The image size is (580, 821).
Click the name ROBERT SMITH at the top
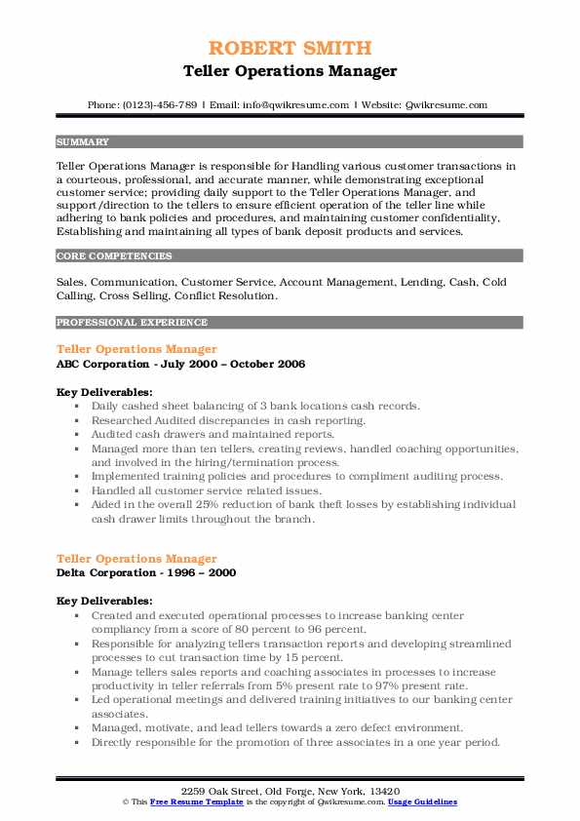[290, 49]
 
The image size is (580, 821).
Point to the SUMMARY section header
[83, 141]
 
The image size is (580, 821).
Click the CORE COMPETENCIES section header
[114, 256]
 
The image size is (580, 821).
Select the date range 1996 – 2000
[202, 574]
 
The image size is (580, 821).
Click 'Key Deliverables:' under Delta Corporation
[104, 601]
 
